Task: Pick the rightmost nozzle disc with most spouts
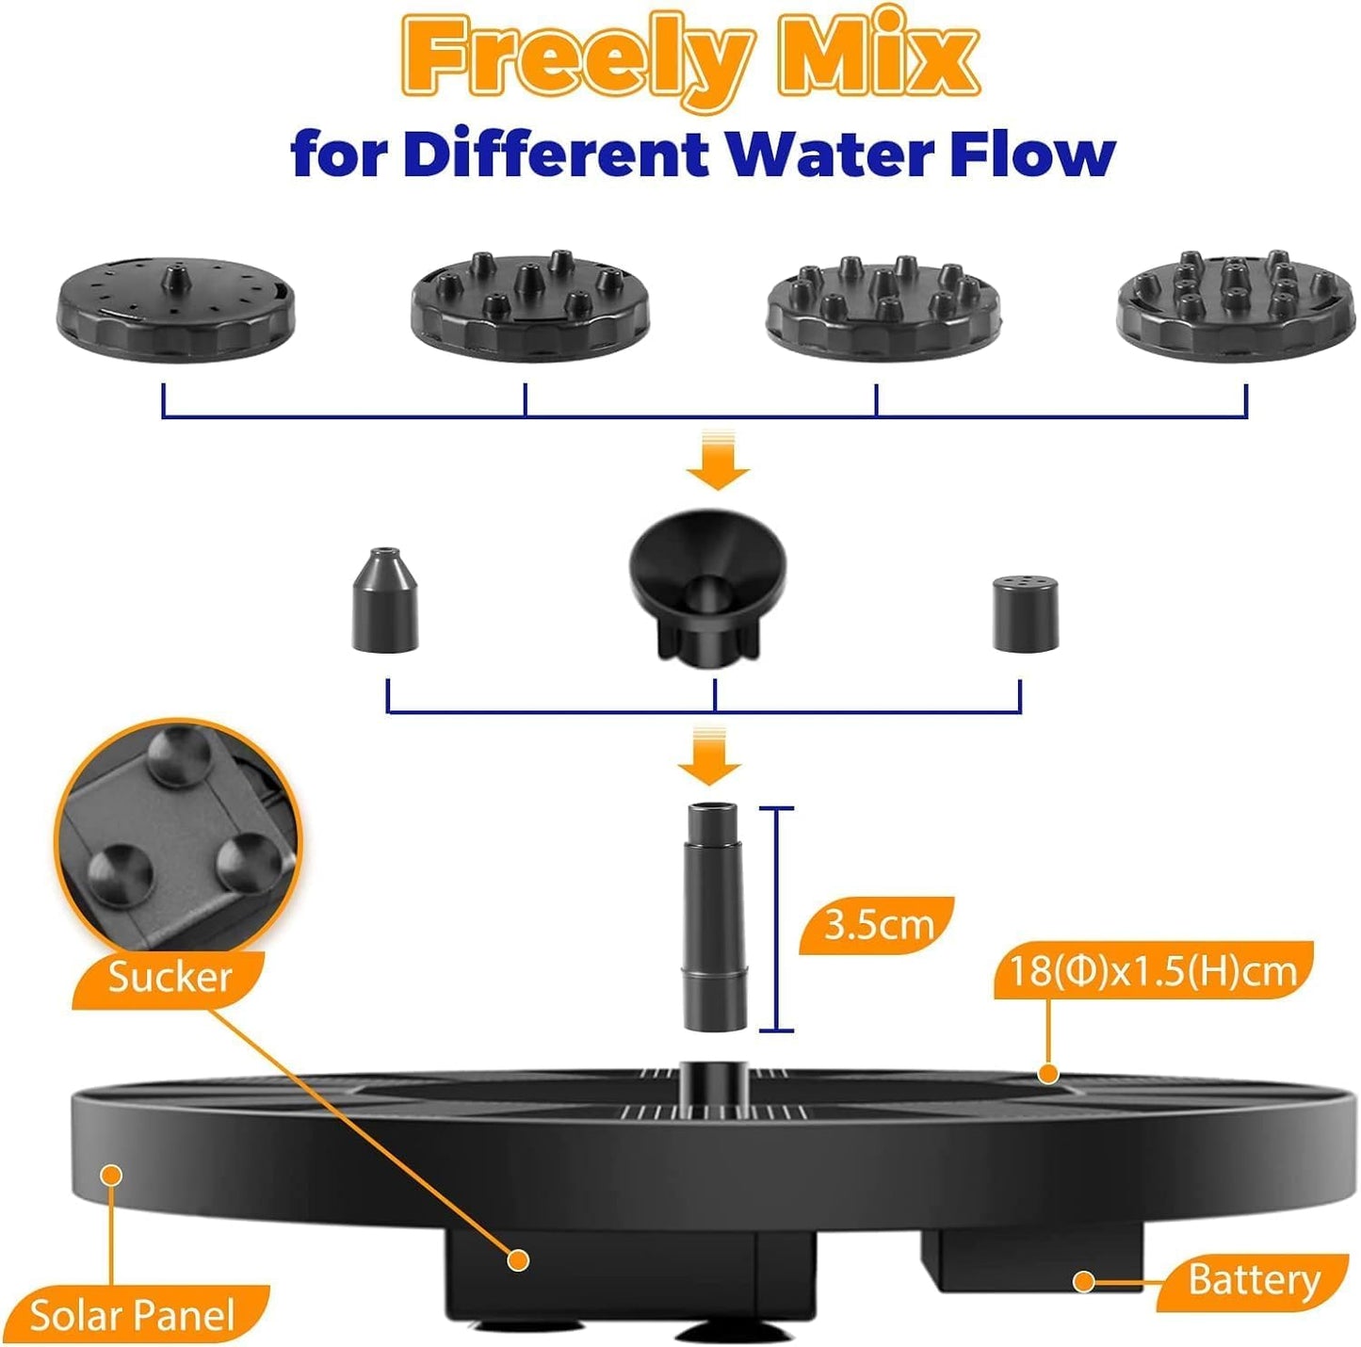click(x=1236, y=304)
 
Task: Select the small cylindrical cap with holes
click(x=1025, y=614)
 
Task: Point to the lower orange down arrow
click(x=709, y=756)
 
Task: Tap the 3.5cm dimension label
click(x=877, y=925)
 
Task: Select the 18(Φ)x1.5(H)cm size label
click(x=1152, y=970)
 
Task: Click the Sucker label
click(x=170, y=977)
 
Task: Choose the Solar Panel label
click(x=132, y=1315)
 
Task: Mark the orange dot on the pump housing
click(x=517, y=1259)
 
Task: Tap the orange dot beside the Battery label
click(x=1084, y=1281)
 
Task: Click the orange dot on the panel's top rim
click(x=1047, y=1073)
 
